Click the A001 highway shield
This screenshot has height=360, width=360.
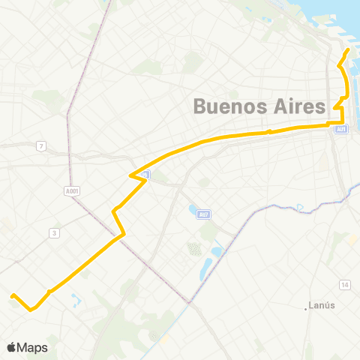tap(72, 191)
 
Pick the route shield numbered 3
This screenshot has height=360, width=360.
tap(54, 233)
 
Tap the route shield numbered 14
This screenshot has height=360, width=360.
tap(344, 285)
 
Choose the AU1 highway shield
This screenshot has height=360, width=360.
tap(342, 130)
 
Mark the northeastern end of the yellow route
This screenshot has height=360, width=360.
tap(349, 50)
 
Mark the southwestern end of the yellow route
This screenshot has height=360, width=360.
tap(12, 295)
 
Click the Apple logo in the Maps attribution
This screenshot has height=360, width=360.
tap(12, 347)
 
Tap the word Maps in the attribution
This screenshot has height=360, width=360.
tap(34, 347)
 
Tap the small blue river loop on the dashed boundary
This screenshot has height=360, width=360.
tap(299, 207)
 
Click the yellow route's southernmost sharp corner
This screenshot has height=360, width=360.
tap(31, 308)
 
